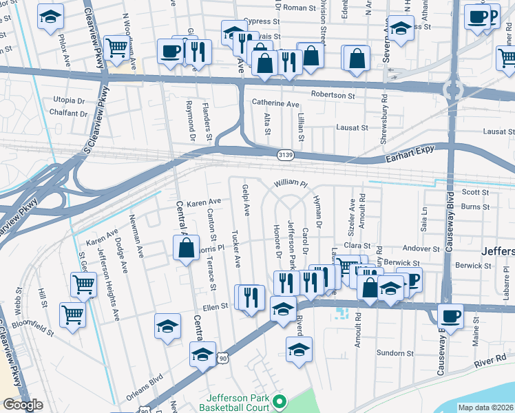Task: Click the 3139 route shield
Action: [x=286, y=155]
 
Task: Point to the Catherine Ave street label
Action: [x=275, y=104]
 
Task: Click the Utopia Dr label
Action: [x=69, y=100]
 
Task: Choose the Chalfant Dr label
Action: [x=70, y=114]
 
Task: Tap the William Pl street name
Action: [x=289, y=184]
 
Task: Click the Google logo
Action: [x=23, y=405]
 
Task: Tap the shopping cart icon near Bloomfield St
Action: [x=72, y=314]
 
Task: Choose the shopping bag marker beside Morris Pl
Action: [x=186, y=248]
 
